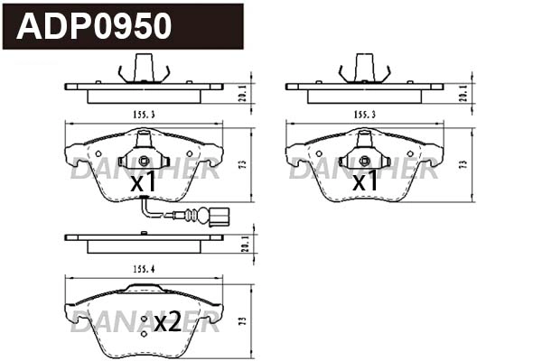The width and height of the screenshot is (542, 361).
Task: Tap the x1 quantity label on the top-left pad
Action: click(143, 183)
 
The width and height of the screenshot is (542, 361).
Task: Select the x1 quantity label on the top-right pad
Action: click(364, 182)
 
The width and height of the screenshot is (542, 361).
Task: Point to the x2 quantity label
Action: click(167, 322)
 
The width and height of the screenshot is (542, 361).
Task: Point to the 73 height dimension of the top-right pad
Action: click(463, 164)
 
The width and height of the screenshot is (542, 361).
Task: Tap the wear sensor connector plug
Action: click(218, 217)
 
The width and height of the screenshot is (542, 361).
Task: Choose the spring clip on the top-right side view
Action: click(365, 69)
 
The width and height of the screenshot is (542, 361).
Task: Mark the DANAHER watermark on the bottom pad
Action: click(145, 321)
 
